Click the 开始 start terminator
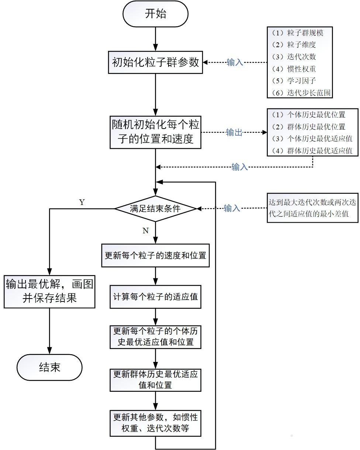coord(155,14)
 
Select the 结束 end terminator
coord(49,367)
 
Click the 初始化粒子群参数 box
coord(155,62)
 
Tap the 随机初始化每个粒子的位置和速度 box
coord(155,132)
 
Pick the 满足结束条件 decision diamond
coord(155,209)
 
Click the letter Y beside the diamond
coord(82,202)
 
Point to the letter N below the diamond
coord(145,230)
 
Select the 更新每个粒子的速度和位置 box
coord(155,255)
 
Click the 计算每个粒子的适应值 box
coord(155,296)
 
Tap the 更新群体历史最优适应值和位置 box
coord(155,380)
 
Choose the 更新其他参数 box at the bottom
coord(155,423)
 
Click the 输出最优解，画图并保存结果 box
coord(49,291)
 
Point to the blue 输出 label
coord(234,132)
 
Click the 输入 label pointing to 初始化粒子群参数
coord(235,62)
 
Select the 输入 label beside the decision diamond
coord(232,209)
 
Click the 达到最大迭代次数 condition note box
coord(313,209)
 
